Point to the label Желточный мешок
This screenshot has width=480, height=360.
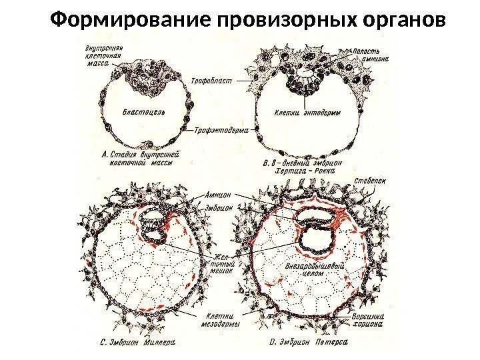tap(223, 262)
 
